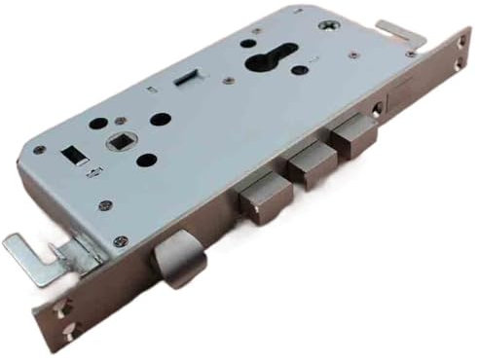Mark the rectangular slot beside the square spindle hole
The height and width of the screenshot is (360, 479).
pyautogui.click(x=71, y=155)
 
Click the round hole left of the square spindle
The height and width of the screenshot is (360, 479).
pyautogui.click(x=98, y=125)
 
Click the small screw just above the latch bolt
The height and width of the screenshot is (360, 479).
pyautogui.click(x=120, y=241)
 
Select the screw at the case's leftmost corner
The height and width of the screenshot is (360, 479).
pyautogui.click(x=39, y=151)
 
